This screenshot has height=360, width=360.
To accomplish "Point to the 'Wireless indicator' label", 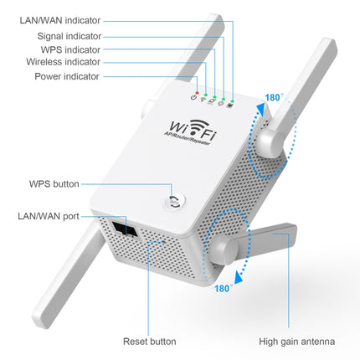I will (63, 62).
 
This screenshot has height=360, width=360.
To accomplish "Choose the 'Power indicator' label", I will (67, 76).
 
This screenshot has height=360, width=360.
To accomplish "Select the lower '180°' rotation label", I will (222, 288).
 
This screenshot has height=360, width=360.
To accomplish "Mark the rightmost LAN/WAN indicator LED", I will (229, 105).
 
